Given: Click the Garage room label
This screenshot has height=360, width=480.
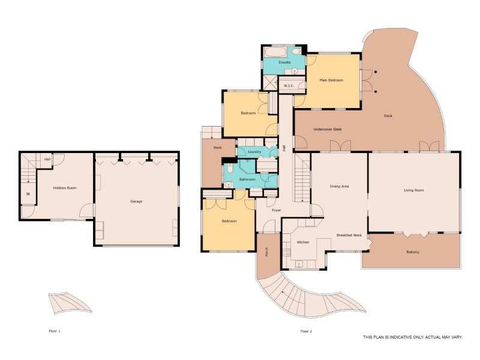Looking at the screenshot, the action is click(136, 202).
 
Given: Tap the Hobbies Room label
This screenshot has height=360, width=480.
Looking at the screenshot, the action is click(65, 188).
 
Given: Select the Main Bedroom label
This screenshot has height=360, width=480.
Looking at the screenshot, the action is click(331, 80).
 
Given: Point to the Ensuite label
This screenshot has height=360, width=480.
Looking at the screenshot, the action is click(284, 62).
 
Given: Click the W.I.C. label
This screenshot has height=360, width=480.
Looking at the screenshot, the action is click(289, 86).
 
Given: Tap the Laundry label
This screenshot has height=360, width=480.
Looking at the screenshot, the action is click(254, 152).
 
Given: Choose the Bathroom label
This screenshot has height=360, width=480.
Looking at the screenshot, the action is click(247, 179).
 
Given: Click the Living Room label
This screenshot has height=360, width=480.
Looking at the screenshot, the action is click(414, 190).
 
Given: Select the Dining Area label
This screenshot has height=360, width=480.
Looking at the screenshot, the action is click(339, 187).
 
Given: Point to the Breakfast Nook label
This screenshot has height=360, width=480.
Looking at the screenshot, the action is click(349, 235).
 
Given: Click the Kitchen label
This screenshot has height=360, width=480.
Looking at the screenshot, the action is click(303, 242).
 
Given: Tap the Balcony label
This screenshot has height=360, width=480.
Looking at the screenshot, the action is click(413, 252).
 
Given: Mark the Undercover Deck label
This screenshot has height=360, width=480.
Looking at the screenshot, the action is click(328, 130).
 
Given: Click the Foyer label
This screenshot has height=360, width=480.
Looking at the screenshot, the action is click(277, 211).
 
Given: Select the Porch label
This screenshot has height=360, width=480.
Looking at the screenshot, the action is click(266, 252).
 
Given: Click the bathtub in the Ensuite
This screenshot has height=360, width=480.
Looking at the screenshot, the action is click(275, 52).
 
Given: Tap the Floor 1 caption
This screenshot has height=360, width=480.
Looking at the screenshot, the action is click(55, 331).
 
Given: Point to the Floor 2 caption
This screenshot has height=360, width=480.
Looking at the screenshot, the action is click(306, 331).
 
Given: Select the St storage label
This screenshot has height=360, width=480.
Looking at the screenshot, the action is click(28, 194).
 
